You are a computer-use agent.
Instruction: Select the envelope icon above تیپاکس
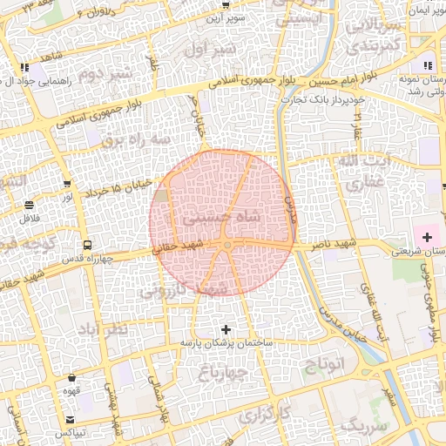[71, 419]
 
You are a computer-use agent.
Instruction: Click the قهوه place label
[72, 391]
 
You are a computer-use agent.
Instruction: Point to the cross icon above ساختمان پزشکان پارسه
[227, 329]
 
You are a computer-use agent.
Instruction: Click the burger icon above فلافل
[30, 205]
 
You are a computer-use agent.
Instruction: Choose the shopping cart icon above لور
[67, 184]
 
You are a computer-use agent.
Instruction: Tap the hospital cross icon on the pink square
[427, 237]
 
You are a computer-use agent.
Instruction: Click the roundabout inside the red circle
[227, 247]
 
